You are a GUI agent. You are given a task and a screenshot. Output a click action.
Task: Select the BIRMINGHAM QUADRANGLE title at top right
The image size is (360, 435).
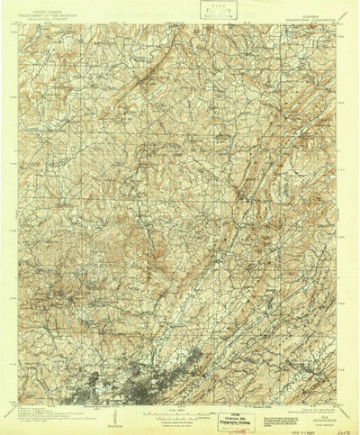click(x=310, y=14)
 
